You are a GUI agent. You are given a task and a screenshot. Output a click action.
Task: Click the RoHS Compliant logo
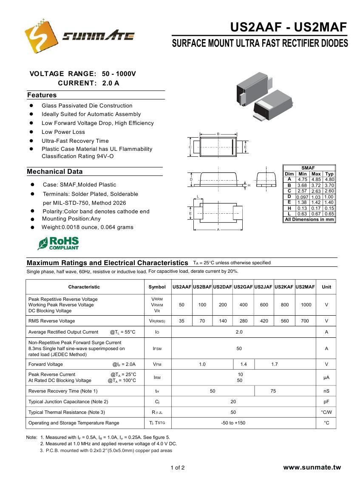click(58, 243)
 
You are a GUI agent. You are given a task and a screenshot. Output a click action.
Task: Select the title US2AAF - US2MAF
click(289, 28)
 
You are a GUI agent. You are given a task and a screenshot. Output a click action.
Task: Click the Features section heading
click(42, 95)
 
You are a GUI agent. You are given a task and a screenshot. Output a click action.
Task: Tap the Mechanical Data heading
click(55, 172)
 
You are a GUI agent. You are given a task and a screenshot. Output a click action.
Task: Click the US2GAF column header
click(243, 287)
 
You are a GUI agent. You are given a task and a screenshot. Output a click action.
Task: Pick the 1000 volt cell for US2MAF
click(306, 305)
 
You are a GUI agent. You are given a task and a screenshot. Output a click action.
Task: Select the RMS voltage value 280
click(244, 321)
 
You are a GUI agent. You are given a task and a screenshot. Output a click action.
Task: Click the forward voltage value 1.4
click(244, 364)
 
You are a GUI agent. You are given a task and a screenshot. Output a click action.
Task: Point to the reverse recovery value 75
click(273, 391)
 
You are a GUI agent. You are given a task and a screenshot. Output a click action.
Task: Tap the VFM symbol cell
click(157, 364)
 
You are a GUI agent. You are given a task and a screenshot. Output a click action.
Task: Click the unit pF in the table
click(326, 402)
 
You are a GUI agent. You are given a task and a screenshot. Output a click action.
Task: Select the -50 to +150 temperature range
click(233, 423)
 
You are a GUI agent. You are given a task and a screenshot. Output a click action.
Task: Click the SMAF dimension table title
click(308, 168)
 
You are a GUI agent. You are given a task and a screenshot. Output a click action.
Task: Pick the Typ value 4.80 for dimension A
click(329, 180)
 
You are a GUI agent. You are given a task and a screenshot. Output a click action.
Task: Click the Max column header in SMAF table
click(316, 174)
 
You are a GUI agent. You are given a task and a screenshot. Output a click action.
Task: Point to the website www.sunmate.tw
click(312, 467)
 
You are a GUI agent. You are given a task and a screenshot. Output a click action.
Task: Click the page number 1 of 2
click(178, 468)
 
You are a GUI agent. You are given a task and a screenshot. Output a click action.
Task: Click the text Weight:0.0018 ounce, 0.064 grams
click(87, 227)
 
